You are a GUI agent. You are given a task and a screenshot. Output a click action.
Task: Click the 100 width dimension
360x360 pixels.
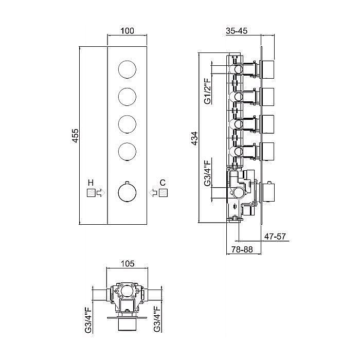[x=127, y=30]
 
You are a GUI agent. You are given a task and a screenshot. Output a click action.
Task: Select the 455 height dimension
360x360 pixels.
[x=75, y=136]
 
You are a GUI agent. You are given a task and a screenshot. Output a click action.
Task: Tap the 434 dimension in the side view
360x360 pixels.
[x=194, y=138]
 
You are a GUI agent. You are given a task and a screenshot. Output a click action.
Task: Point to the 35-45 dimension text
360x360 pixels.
[x=237, y=30]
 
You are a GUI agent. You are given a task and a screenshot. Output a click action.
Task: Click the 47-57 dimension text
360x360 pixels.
[x=275, y=236]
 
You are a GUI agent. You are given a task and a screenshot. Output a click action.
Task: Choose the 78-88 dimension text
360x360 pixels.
[x=242, y=249]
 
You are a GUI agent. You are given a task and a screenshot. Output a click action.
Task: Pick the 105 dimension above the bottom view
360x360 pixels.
[x=128, y=263]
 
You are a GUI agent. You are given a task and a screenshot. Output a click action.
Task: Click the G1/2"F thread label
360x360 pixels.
[x=208, y=91]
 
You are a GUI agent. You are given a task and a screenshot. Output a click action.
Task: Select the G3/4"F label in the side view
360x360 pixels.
[x=208, y=173]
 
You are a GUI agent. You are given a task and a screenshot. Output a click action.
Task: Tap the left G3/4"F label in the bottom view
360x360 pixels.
[x=88, y=319]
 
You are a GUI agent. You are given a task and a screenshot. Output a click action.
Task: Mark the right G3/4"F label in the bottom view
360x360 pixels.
[x=157, y=319]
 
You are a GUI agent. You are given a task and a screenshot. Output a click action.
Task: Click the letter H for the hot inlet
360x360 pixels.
[x=91, y=183]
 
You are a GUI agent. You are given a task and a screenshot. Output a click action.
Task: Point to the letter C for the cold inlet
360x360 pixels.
[x=163, y=183]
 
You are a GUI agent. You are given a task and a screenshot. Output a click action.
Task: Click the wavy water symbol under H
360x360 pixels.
[x=91, y=193]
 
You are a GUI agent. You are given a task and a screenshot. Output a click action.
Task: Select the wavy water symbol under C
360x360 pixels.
[x=163, y=193]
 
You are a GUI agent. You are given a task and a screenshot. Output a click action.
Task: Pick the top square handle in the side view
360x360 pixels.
[x=268, y=69]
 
